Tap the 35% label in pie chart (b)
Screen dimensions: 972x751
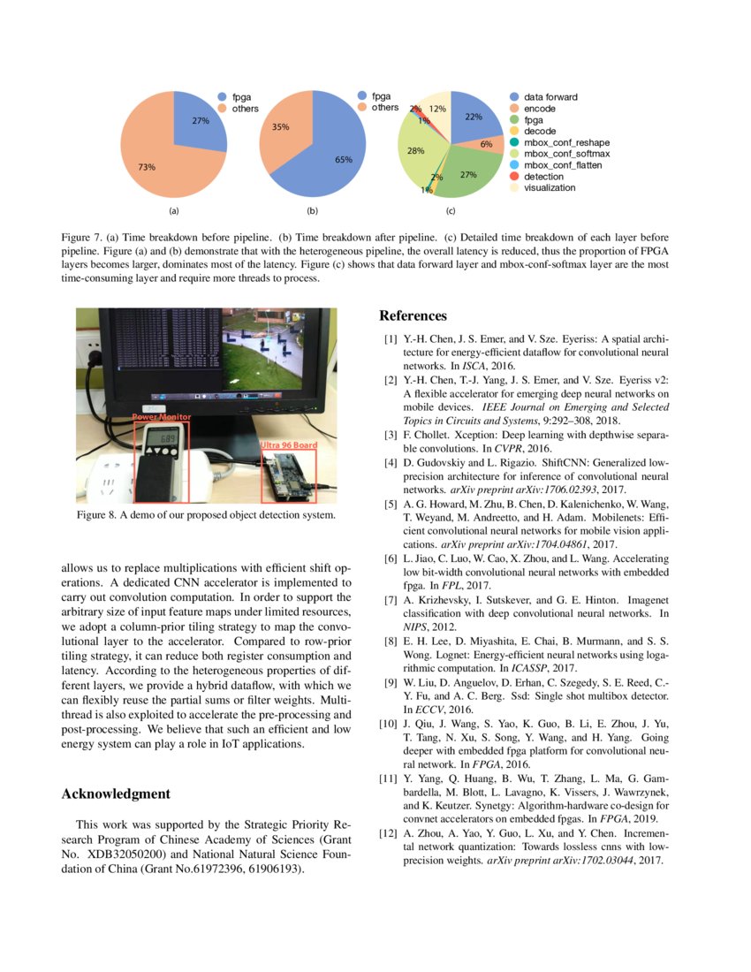281,127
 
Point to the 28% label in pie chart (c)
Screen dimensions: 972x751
415,151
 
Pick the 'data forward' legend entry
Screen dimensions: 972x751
550,96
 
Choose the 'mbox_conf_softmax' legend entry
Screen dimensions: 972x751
566,153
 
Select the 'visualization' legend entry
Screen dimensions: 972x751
550,187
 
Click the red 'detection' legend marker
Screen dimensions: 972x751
513,176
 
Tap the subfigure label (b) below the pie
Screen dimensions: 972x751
312,211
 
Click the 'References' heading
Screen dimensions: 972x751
413,316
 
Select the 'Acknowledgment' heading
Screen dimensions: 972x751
115,794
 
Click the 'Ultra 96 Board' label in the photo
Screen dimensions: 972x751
289,445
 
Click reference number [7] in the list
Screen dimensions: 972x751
389,601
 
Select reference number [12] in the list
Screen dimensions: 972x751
389,833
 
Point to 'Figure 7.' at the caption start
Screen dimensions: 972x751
82,239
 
